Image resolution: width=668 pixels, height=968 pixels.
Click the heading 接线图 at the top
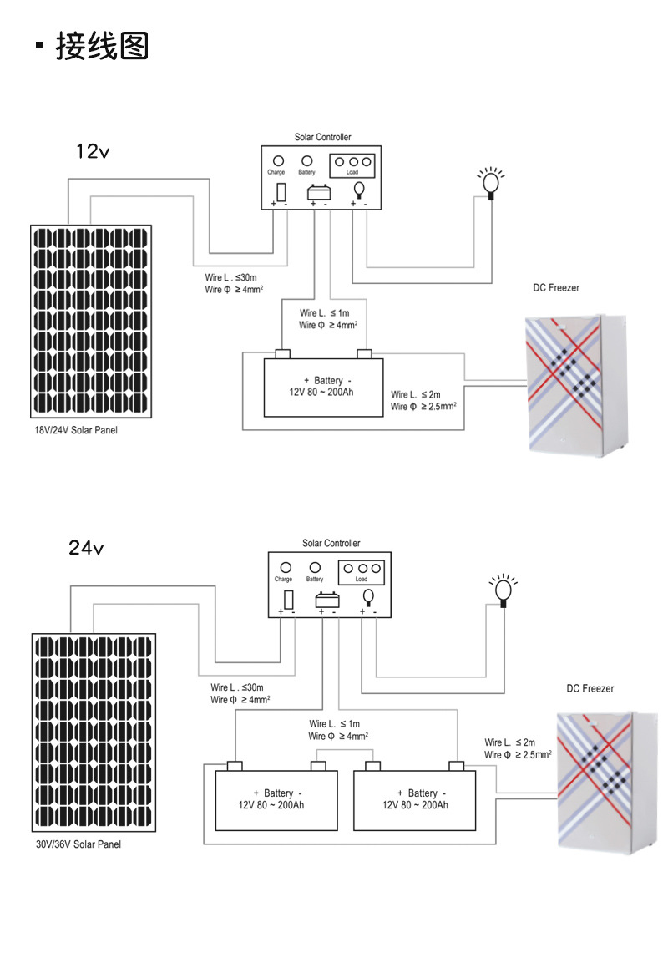pos(102,47)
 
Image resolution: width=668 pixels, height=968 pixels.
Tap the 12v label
pos(93,151)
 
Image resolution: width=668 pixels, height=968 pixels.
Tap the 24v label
pos(86,548)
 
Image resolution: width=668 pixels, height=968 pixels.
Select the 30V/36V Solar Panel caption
pos(84,844)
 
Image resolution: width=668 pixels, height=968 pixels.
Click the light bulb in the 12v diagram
pos(491,182)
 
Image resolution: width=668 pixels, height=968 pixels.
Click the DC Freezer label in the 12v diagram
pos(556,288)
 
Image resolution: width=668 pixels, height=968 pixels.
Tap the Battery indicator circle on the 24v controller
pos(315,567)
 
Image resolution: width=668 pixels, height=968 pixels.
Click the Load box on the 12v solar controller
pos(353,165)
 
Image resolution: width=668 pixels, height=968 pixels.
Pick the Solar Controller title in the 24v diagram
pos(331,543)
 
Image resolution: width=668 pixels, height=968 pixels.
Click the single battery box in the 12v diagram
pos(323,387)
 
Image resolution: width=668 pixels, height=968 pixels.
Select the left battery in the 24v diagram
pos(276,799)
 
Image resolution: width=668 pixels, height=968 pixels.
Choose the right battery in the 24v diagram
pos(415,799)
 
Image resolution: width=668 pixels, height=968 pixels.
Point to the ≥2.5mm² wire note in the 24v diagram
pos(518,755)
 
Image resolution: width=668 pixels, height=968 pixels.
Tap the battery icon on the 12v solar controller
pos(319,192)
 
